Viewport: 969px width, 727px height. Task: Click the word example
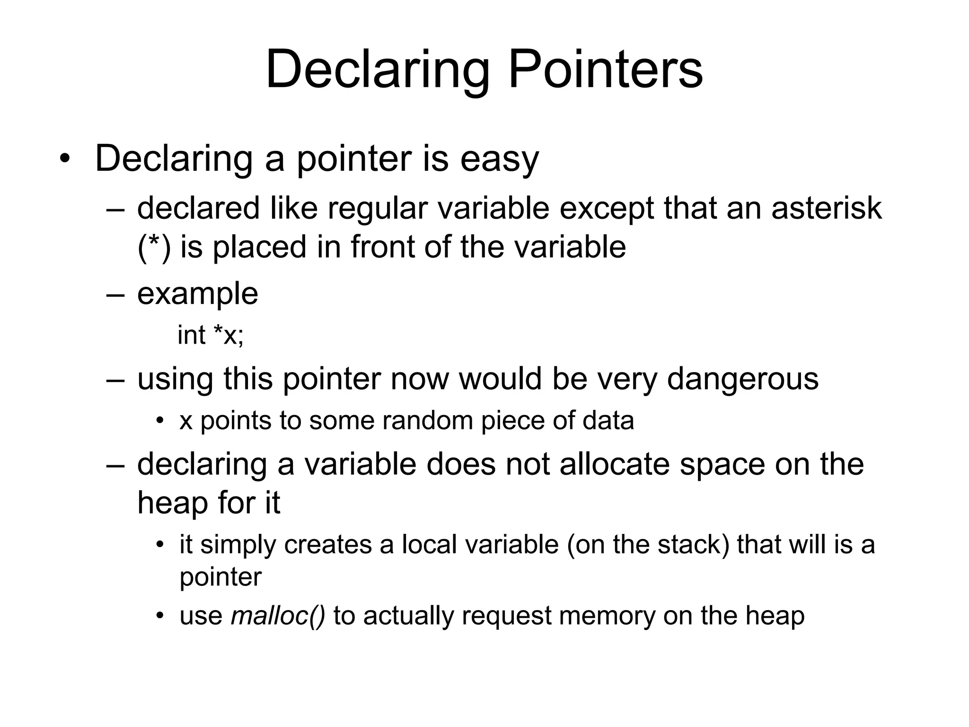coord(197,294)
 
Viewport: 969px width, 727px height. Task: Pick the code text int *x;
coord(210,336)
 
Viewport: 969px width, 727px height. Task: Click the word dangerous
coord(742,379)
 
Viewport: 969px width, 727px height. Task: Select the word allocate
coord(615,464)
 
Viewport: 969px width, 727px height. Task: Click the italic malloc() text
coord(278,616)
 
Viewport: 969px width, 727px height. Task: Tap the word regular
coord(377,209)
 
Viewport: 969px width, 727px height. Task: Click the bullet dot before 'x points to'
coord(160,420)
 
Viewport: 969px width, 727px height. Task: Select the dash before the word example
coord(116,294)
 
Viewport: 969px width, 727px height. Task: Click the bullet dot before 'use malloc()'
coord(160,616)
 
